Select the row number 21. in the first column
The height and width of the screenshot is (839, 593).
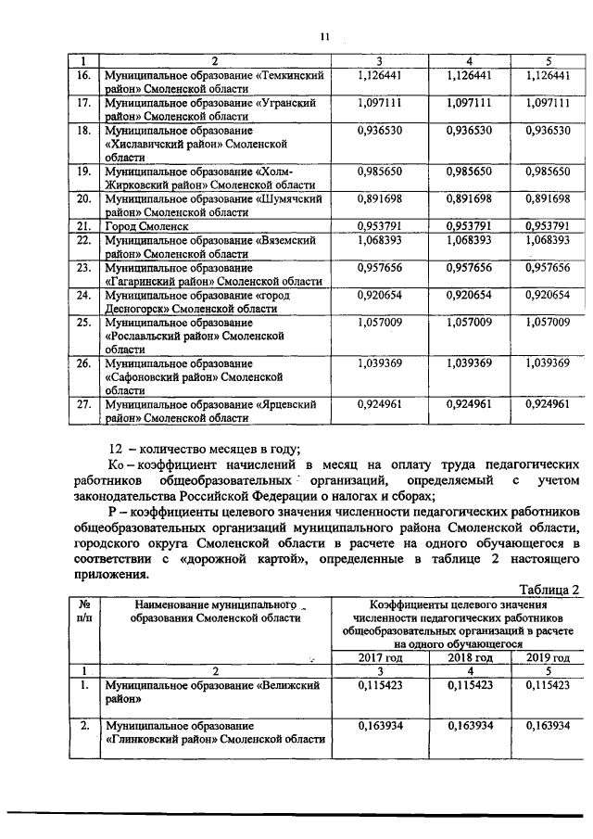click(x=83, y=224)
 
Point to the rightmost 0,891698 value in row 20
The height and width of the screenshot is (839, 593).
click(x=553, y=198)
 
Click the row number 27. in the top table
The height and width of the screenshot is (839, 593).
click(x=83, y=404)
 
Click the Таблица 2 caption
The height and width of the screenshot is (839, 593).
click(x=549, y=590)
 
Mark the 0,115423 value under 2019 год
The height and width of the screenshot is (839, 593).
click(x=553, y=684)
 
